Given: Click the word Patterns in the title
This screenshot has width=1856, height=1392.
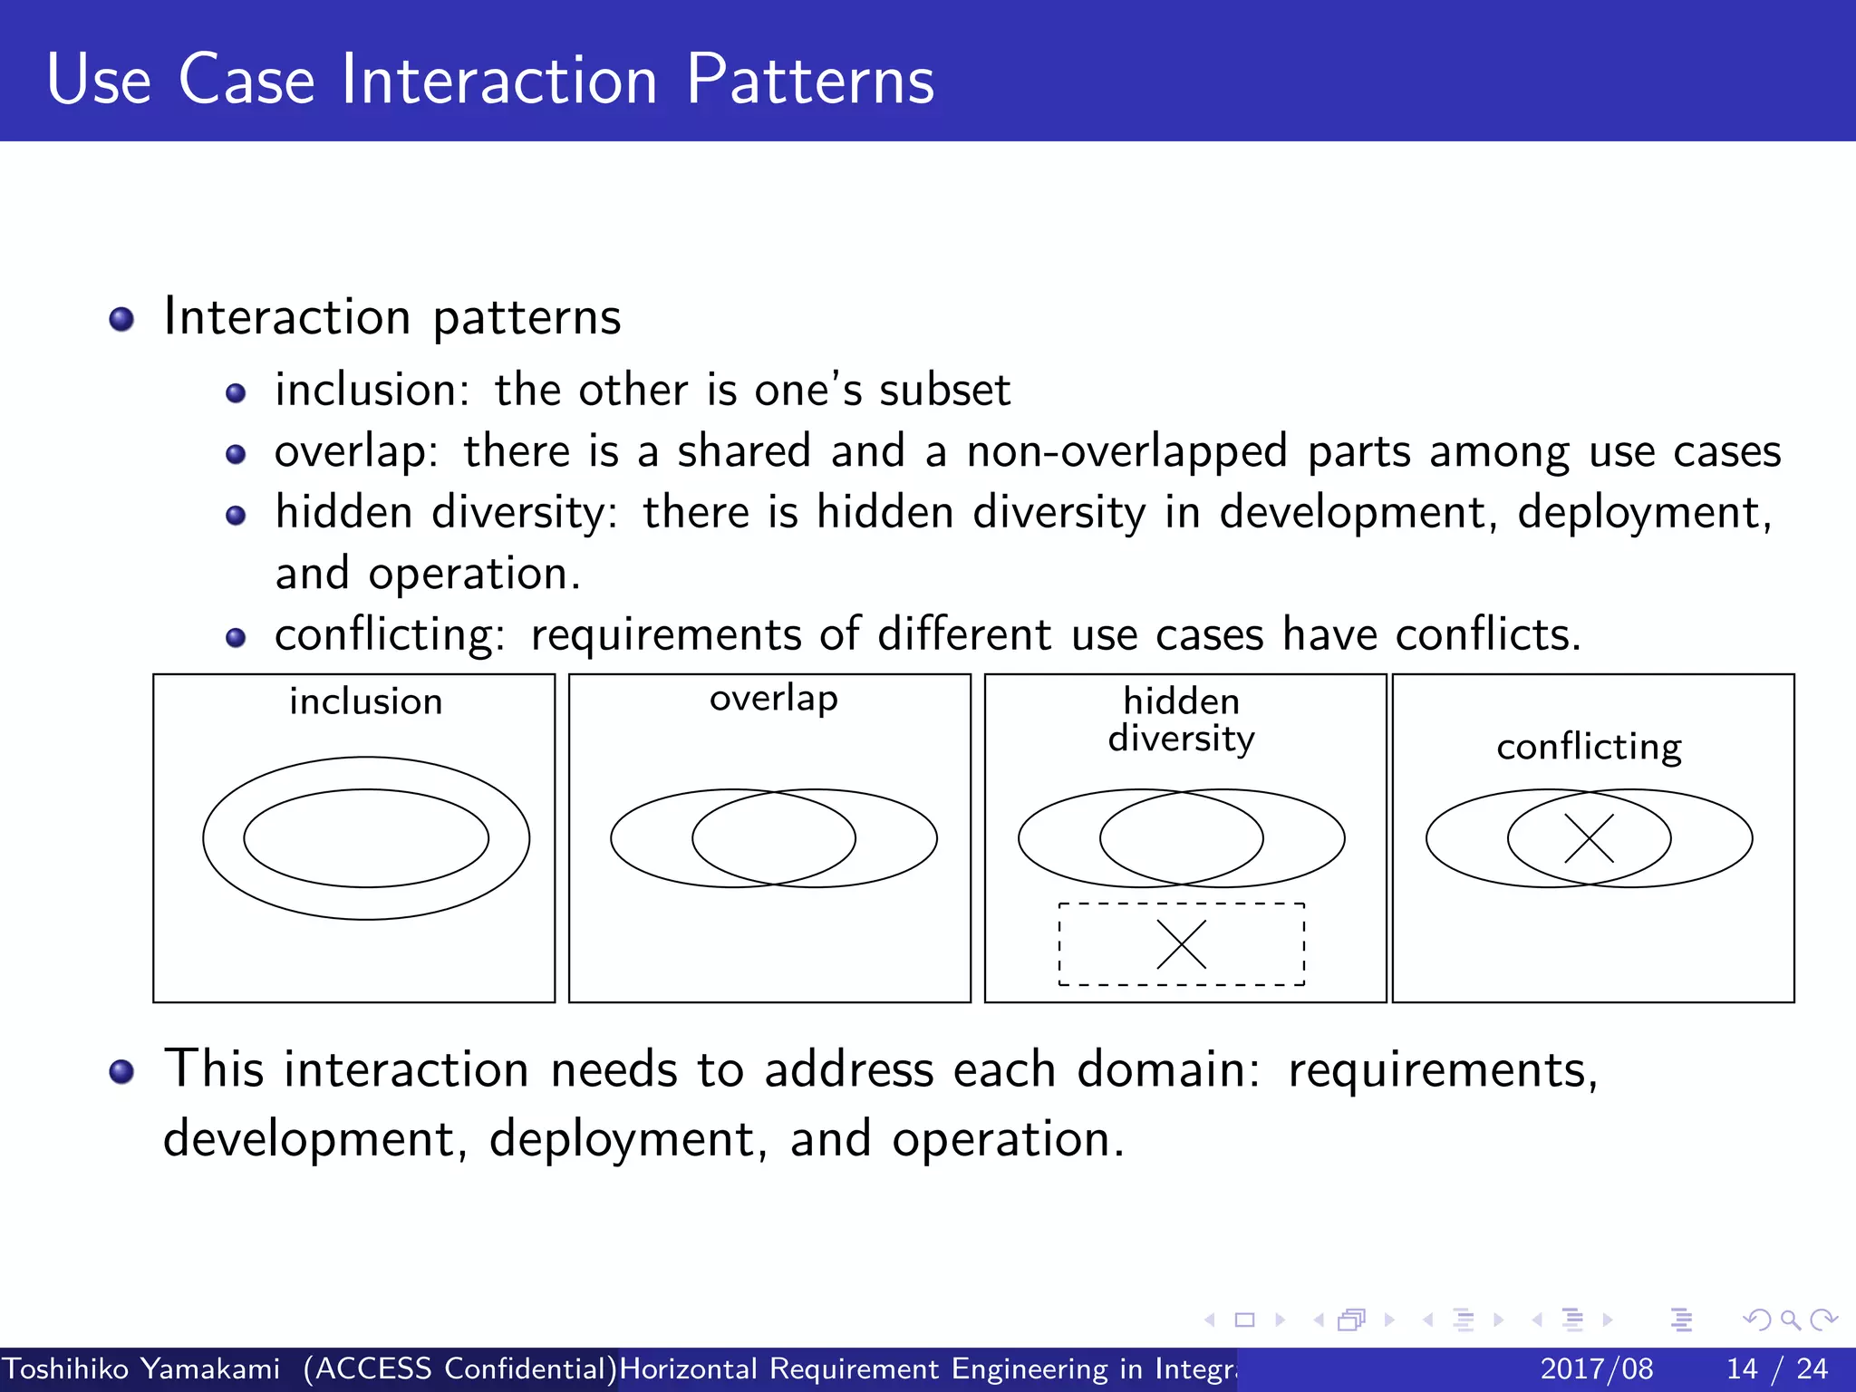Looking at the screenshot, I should [809, 80].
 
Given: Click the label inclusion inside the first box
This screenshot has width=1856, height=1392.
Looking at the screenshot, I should [366, 701].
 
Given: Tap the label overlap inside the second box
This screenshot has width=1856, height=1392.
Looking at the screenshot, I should [773, 699].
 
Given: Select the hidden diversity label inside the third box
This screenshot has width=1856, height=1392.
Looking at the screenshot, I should [1181, 720].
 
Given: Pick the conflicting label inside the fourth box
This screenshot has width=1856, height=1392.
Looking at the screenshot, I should [1589, 747].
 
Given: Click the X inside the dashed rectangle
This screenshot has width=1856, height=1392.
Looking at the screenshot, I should [1182, 944].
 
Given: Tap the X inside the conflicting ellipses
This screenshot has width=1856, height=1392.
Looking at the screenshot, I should [1589, 837].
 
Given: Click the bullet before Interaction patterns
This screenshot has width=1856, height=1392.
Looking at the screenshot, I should [121, 320].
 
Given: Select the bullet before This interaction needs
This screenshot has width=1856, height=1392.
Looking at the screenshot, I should [121, 1072].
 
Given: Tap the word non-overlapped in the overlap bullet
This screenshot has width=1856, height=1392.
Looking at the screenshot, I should [1126, 451].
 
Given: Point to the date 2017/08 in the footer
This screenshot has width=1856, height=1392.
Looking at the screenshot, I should [1596, 1368].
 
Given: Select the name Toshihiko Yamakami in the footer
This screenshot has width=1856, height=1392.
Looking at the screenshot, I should [141, 1368].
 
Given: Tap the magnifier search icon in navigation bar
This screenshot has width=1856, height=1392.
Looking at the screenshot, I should [1790, 1319].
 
